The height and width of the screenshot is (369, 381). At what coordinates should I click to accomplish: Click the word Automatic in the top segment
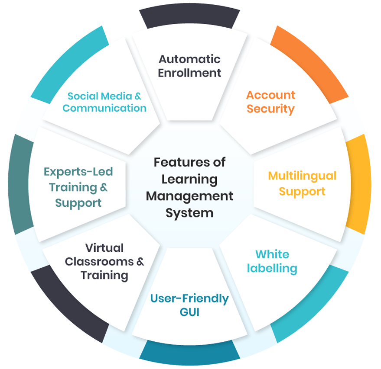189,59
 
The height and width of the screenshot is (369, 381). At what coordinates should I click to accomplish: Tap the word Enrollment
189,73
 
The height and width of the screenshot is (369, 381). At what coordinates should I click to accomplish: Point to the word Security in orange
270,109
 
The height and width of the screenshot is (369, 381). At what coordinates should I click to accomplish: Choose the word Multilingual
302,176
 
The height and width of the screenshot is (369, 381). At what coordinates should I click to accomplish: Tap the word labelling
272,269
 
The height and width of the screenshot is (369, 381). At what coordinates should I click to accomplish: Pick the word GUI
189,312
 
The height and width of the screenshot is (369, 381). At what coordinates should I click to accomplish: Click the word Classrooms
99,262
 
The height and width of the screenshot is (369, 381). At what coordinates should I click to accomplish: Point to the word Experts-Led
78,172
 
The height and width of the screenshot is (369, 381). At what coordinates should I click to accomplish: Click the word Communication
104,108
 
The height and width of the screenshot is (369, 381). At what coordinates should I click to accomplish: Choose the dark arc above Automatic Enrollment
189,15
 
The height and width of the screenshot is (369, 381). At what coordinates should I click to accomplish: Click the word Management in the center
189,196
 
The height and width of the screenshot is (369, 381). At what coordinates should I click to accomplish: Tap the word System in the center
189,213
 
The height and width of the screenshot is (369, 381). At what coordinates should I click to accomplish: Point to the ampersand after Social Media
138,96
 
